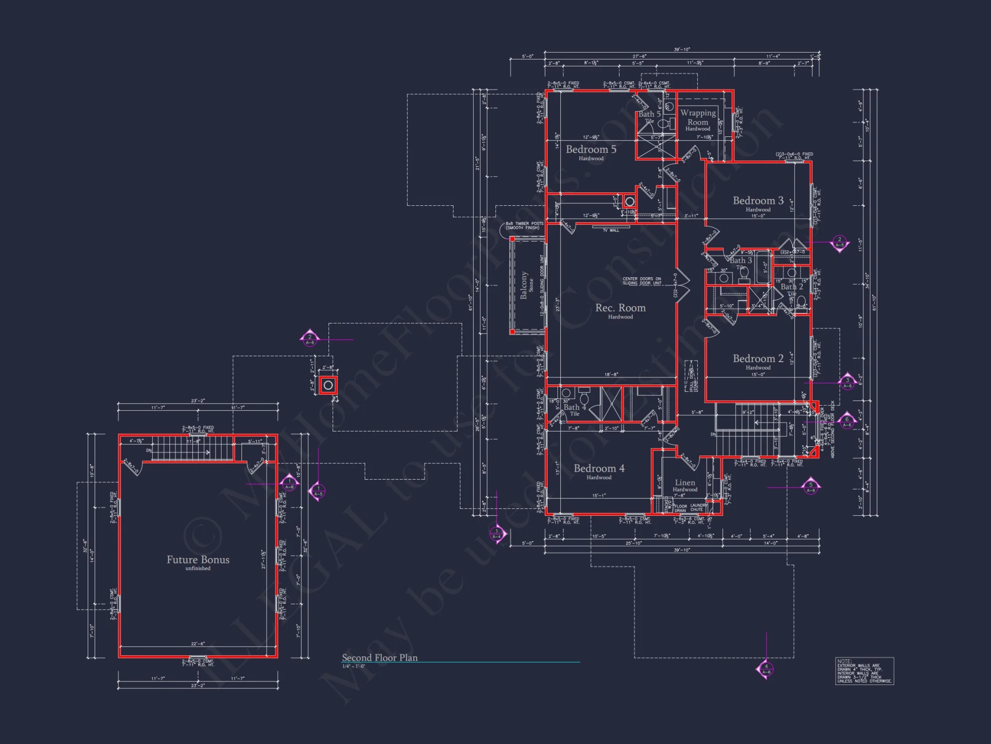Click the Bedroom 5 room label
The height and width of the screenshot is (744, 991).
(x=591, y=150)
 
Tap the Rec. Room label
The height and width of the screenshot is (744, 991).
(x=620, y=308)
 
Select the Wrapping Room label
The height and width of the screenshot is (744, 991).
(x=698, y=118)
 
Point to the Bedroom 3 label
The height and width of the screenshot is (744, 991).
(x=758, y=201)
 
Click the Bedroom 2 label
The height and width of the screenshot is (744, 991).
(x=758, y=359)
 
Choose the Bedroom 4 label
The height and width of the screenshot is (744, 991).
(x=599, y=469)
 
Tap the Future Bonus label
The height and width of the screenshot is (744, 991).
(x=198, y=560)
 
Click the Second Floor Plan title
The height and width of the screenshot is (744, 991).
(x=380, y=658)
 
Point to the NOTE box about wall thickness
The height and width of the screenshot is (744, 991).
(x=864, y=671)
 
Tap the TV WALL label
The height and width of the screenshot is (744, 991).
(x=611, y=230)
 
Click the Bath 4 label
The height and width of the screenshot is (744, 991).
(x=574, y=408)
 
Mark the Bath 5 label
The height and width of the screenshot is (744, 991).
(x=649, y=115)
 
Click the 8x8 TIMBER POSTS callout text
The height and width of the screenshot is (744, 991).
(x=524, y=226)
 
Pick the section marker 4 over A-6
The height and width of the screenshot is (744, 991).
(x=766, y=669)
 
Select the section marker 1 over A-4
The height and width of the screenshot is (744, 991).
(x=496, y=534)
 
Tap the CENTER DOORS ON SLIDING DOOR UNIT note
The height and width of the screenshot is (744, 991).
(x=642, y=281)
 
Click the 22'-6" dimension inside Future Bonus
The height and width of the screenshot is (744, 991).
(x=198, y=644)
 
